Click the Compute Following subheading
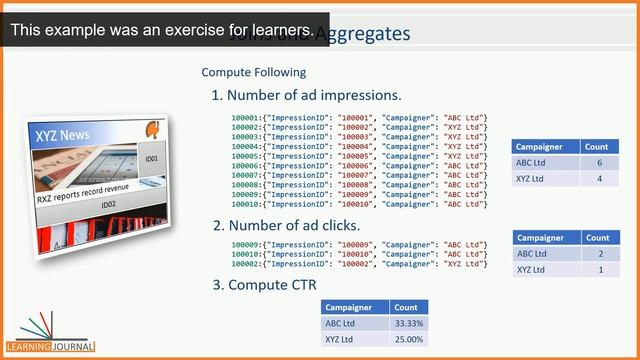pyautogui.click(x=253, y=73)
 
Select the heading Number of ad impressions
pyautogui.click(x=306, y=95)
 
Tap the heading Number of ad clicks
pyautogui.click(x=286, y=225)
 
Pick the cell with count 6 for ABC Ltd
pyautogui.click(x=598, y=163)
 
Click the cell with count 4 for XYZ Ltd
pyautogui.click(x=598, y=179)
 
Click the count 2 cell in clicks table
pyautogui.click(x=600, y=254)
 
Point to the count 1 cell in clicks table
pyautogui.click(x=600, y=270)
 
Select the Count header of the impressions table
pyautogui.click(x=596, y=147)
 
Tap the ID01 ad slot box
pyautogui.click(x=150, y=158)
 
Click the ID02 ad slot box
pyautogui.click(x=108, y=205)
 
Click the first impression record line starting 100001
pyautogui.click(x=359, y=119)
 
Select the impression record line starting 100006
pyautogui.click(x=359, y=166)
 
